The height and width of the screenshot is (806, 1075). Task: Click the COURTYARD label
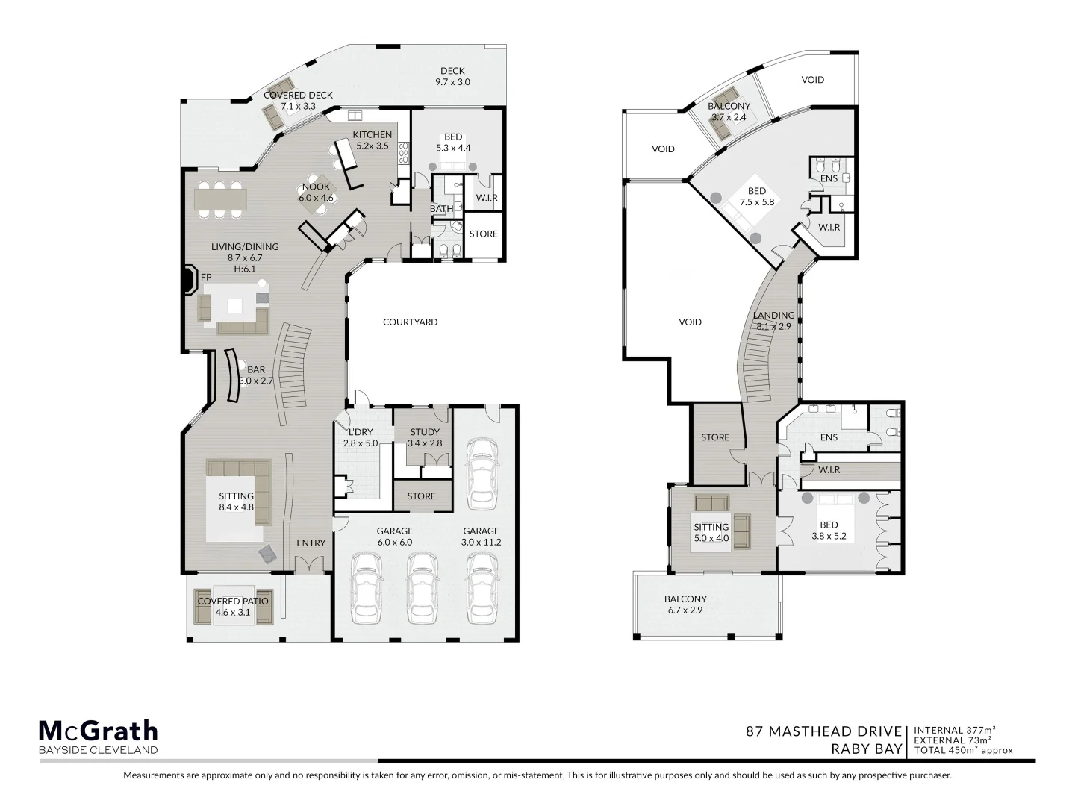[x=410, y=322]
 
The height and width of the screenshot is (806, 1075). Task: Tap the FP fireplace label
[x=207, y=278]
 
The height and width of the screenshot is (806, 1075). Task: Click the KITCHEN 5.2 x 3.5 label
[x=372, y=140]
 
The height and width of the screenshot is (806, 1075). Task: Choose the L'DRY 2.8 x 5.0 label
[x=361, y=437]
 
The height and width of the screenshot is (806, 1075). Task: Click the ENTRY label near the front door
[x=311, y=543]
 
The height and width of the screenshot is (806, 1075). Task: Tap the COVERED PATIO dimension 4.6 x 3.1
[x=233, y=613]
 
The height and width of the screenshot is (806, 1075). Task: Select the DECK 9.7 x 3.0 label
[x=452, y=77]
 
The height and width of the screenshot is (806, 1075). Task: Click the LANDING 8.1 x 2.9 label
[x=773, y=321]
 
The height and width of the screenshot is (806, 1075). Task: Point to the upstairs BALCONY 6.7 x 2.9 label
[x=685, y=604]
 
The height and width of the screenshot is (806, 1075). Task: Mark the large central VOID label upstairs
[x=690, y=322]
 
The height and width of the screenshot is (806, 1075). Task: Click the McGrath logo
[x=98, y=731]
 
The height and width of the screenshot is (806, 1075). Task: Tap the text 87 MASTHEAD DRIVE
[x=824, y=731]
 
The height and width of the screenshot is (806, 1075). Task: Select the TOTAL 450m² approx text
[x=963, y=750]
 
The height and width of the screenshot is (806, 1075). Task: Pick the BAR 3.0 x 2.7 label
[x=256, y=375]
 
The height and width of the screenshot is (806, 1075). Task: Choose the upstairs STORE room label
[x=714, y=437]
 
